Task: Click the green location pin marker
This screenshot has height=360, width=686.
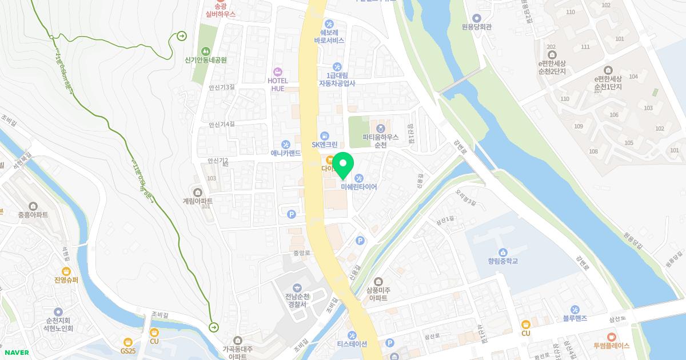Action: click(x=342, y=166)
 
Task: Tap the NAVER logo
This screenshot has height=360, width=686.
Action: click(x=16, y=353)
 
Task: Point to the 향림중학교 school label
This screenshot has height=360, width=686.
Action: click(x=502, y=261)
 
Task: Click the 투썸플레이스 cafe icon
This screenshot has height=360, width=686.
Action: click(x=611, y=337)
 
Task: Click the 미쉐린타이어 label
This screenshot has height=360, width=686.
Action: click(x=358, y=186)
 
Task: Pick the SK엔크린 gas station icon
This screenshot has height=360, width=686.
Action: click(x=324, y=135)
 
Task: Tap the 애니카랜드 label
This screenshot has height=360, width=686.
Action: click(x=286, y=153)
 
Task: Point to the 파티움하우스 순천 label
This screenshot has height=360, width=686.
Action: click(x=380, y=141)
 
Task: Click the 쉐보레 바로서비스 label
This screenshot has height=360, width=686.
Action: click(x=329, y=37)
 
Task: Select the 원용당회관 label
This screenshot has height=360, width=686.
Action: click(x=477, y=27)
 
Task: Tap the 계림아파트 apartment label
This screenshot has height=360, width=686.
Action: click(x=198, y=201)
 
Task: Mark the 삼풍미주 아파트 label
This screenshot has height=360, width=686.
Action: click(x=378, y=294)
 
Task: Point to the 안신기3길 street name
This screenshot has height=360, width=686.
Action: click(x=222, y=87)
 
